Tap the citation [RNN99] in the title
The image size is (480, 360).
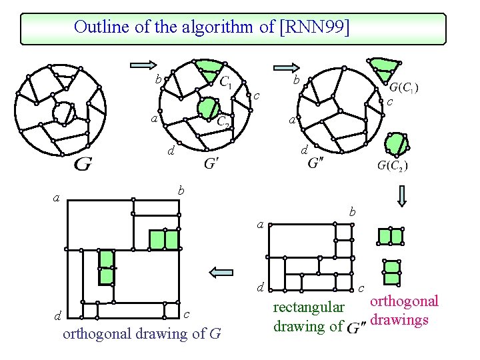click(x=315, y=27)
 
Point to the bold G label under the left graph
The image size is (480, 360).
click(x=83, y=163)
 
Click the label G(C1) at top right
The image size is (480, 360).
click(x=404, y=87)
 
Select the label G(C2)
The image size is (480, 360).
click(x=393, y=165)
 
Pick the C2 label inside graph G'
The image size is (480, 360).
click(x=225, y=121)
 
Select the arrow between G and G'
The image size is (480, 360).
click(x=141, y=65)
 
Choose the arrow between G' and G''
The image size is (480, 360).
click(x=287, y=66)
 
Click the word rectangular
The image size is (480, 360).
click(x=309, y=308)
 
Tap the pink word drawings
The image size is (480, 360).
click(x=400, y=320)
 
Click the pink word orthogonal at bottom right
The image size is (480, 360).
click(x=404, y=301)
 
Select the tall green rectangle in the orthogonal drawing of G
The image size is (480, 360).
click(x=106, y=267)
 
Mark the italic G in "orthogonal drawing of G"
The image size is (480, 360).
click(x=215, y=333)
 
